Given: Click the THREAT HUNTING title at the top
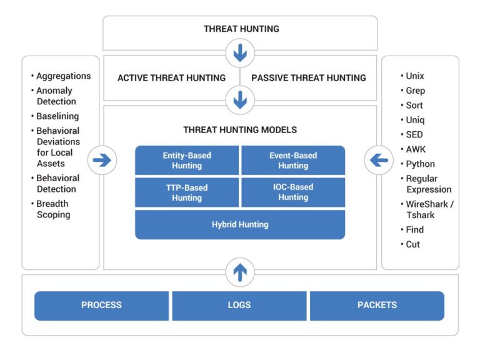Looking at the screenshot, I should [x=241, y=29].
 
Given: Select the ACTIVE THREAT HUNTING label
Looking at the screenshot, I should [x=171, y=78].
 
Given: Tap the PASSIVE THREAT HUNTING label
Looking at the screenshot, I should [x=308, y=78].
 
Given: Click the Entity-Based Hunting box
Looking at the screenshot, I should [x=187, y=161].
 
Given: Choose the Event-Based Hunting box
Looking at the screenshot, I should [x=293, y=161].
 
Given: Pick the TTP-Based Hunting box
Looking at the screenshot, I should [x=187, y=192].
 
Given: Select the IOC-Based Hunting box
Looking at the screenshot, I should [x=293, y=192].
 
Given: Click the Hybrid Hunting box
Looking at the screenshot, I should [x=240, y=224].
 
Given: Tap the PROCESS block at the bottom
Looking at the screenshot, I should [x=101, y=306].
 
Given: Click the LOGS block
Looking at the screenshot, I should [x=239, y=306].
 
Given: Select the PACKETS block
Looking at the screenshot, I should [x=377, y=306].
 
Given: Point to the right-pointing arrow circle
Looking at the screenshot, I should [x=102, y=161].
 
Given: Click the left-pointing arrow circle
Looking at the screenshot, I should [x=379, y=161].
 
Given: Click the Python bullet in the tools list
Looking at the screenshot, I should [x=420, y=164].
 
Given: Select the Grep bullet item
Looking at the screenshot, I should [x=415, y=91].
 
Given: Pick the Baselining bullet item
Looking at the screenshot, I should [x=57, y=116].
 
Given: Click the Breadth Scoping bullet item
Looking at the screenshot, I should [x=53, y=209].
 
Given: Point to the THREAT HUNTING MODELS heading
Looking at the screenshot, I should [x=240, y=130].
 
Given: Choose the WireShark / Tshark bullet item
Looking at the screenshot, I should [x=429, y=209].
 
